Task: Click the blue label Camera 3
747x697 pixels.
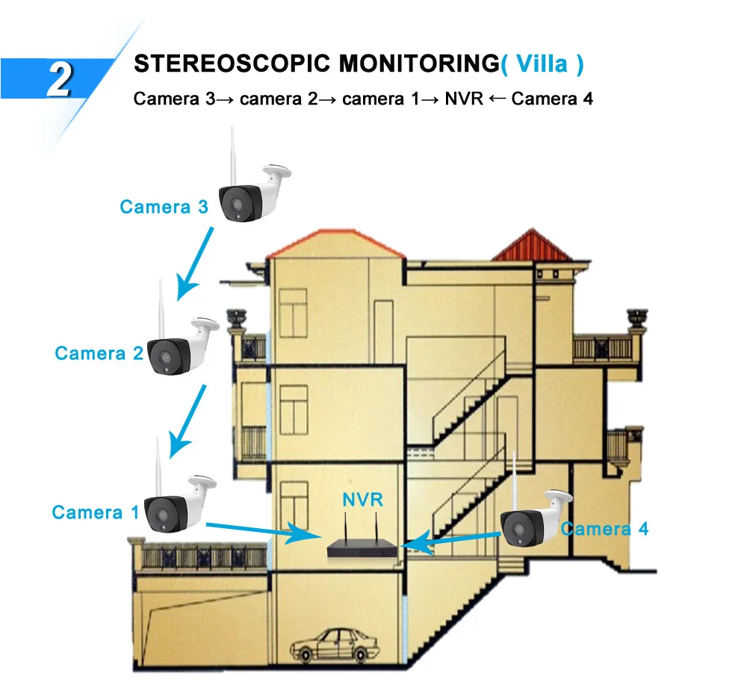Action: click(x=164, y=207)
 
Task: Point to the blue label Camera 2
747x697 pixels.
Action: click(x=98, y=353)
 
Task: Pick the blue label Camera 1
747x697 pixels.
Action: click(x=95, y=512)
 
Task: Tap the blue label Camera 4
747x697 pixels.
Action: click(x=605, y=529)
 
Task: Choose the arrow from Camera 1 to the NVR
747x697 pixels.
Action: click(x=261, y=530)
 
